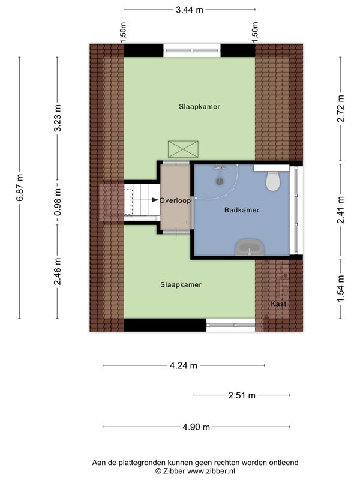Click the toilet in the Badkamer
tap(272, 181)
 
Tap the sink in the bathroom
tap(250, 248)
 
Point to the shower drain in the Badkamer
tap(220, 181)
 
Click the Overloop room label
tap(175, 200)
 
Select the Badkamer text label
tap(242, 210)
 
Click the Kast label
tap(278, 304)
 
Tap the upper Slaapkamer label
tap(199, 107)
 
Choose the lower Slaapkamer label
tap(181, 284)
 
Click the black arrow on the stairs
tap(155, 200)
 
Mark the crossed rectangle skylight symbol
tap(183, 149)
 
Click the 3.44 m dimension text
tap(190, 10)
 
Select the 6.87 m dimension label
tap(19, 188)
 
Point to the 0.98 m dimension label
tap(57, 202)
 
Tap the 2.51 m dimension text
tap(242, 395)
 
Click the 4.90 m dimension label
tap(196, 427)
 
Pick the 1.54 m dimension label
tap(340, 289)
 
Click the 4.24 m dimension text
tap(184, 365)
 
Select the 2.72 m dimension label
tap(340, 109)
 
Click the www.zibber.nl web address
tap(211, 471)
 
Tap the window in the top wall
tap(192, 50)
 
